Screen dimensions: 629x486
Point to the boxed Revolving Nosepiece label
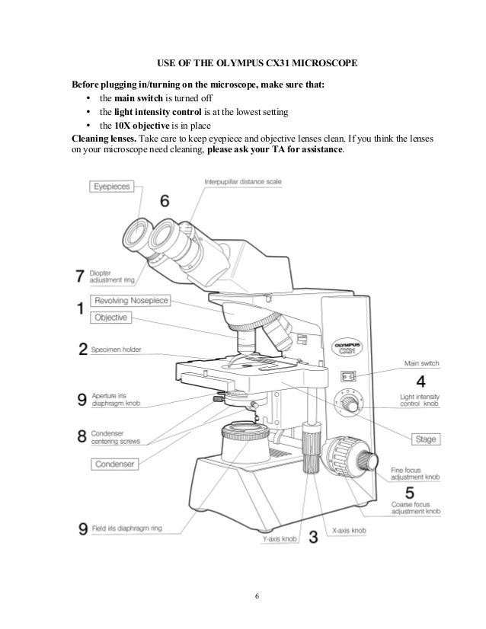pyautogui.click(x=130, y=300)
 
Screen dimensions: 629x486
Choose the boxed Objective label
pyautogui.click(x=111, y=317)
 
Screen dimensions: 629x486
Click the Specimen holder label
pyautogui.click(x=121, y=351)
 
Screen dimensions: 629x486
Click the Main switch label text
pyautogui.click(x=422, y=364)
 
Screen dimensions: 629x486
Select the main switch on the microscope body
pyautogui.click(x=347, y=375)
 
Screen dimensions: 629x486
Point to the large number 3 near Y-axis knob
pyautogui.click(x=312, y=538)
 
